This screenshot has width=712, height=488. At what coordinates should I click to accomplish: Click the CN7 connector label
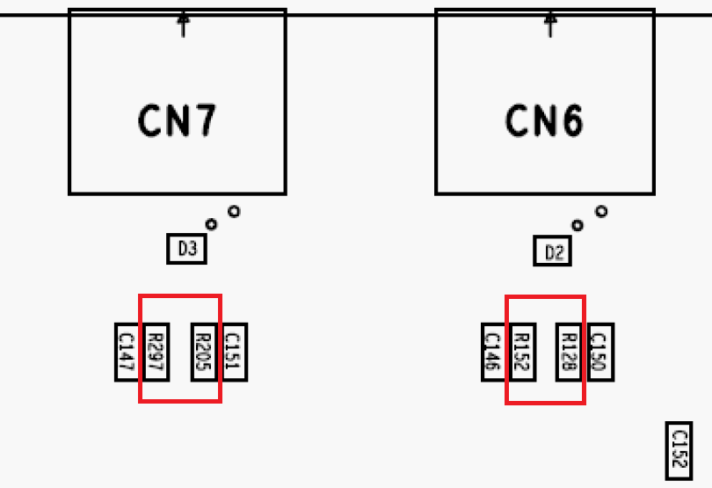tap(177, 120)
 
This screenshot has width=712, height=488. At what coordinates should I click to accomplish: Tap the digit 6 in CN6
tap(570, 120)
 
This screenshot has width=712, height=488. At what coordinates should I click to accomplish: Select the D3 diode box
tap(186, 250)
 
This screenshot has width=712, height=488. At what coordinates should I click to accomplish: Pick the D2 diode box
tap(554, 253)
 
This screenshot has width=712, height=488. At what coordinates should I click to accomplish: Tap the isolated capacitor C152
tap(679, 451)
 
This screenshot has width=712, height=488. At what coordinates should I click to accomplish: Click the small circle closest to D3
tap(211, 224)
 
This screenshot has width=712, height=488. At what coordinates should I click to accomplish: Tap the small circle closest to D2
tap(578, 225)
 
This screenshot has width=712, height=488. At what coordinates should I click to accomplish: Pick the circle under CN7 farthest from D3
tap(234, 211)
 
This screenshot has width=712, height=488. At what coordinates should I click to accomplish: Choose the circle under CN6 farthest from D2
tap(601, 211)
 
